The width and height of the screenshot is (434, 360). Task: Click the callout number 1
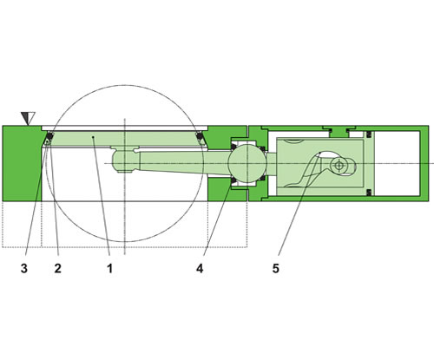pyautogui.click(x=110, y=268)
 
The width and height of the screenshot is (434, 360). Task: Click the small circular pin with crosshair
pyautogui.click(x=339, y=164)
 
